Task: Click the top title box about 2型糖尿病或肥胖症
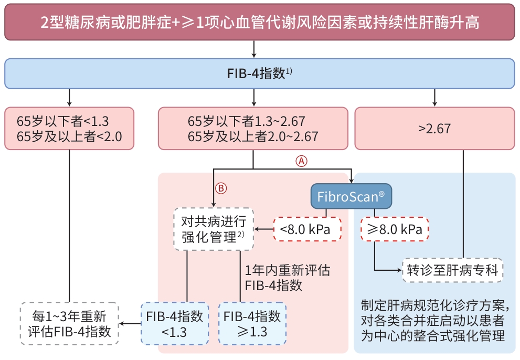(260, 22)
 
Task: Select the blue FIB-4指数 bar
(260, 73)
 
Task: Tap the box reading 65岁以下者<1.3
(69, 129)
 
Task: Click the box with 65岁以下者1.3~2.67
(253, 129)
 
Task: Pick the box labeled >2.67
(434, 129)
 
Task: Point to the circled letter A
(301, 162)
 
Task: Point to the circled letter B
(221, 188)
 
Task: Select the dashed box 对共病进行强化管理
(214, 229)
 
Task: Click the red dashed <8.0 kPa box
(307, 229)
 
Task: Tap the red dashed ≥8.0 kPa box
(395, 229)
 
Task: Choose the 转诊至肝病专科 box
(452, 271)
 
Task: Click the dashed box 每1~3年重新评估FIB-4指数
(69, 323)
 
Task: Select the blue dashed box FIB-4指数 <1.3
(175, 323)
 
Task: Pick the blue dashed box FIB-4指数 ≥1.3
(252, 323)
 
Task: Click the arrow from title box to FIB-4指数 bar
(254, 49)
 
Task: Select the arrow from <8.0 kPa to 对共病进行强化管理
(264, 229)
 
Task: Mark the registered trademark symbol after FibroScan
(381, 193)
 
